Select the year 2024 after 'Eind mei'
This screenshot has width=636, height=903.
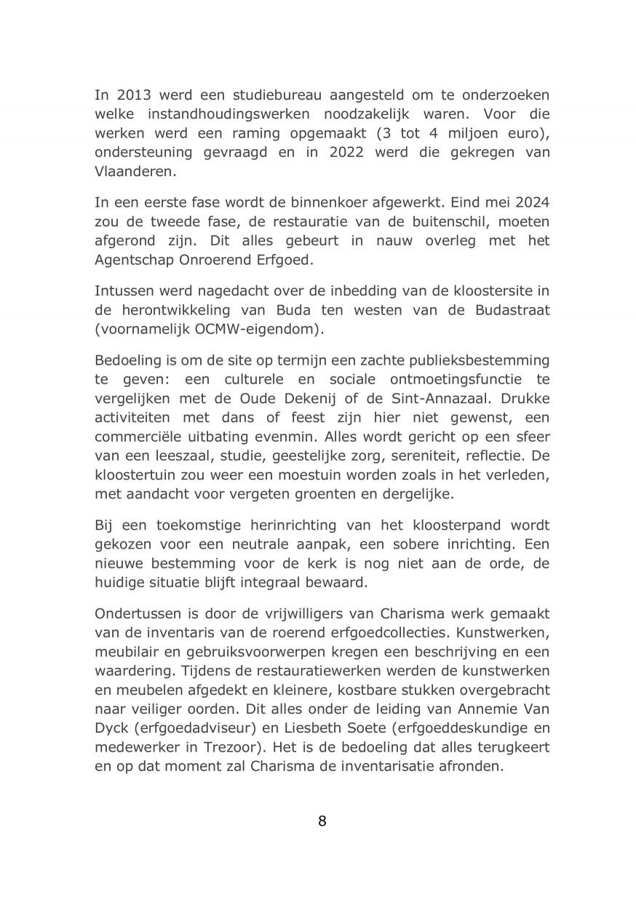(529, 202)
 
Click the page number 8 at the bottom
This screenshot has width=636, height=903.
(322, 822)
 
